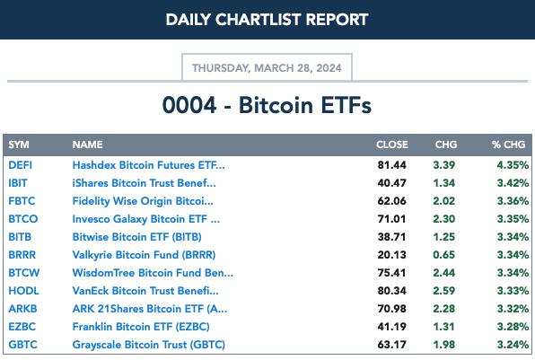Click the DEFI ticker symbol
20,165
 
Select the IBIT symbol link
18,183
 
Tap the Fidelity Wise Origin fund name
143,201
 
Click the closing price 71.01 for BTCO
391,219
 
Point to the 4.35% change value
513,165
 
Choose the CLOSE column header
392,145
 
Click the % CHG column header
508,145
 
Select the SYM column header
19,145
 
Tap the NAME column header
87,145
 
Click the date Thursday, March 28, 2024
267,68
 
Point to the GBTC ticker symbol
22,345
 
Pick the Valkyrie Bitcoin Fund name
144,255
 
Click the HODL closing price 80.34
391,291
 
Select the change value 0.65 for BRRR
444,255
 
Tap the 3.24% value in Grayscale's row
513,345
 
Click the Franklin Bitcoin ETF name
141,327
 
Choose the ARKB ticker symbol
22,309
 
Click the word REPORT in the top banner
338,20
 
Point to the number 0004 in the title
189,105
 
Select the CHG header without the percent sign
446,145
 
